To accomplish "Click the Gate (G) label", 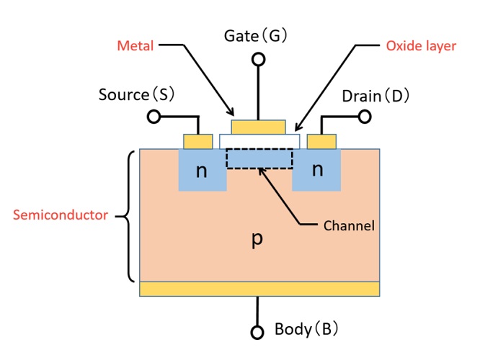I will coord(256,36).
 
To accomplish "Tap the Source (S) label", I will coord(136,94).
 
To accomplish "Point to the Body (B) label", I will coord(306,330).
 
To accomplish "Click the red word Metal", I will coord(135,47).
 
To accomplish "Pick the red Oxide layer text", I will coord(422,46).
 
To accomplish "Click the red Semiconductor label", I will coord(61,215).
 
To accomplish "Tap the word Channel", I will coord(349,225).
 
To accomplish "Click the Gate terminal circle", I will coord(256,60).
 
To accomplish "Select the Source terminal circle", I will coord(153,117).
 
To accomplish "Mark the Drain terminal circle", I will coord(365,117).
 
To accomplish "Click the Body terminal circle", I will coord(257,332).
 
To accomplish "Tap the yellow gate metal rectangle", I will coord(258,127).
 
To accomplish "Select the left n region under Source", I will coord(202,171).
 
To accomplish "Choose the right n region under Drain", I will coord(316,171).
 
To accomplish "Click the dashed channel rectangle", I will coord(259,158).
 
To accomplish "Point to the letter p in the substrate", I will coord(256,240).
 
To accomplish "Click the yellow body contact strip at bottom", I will coord(259,289).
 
